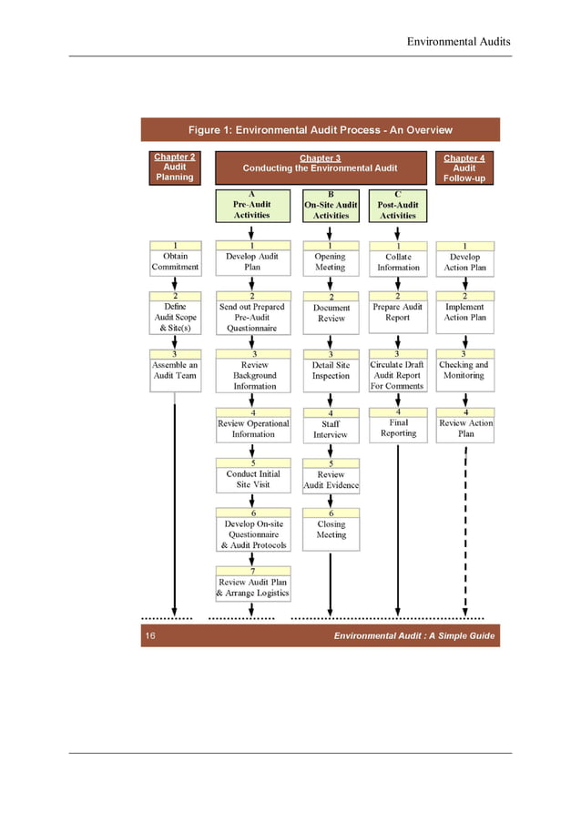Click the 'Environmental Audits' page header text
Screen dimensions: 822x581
click(x=458, y=42)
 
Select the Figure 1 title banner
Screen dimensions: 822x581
click(x=320, y=130)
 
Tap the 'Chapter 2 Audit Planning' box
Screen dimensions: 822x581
click(x=174, y=167)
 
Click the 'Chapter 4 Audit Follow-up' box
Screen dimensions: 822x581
click(x=464, y=167)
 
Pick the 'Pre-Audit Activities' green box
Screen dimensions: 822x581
click(x=251, y=206)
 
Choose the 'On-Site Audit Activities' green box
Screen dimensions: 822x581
click(x=331, y=206)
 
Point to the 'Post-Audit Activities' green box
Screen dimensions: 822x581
click(x=398, y=206)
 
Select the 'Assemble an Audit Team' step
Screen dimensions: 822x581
click(x=175, y=370)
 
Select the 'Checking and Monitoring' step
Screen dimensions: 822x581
click(x=464, y=370)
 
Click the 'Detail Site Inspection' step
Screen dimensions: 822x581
click(x=331, y=370)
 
